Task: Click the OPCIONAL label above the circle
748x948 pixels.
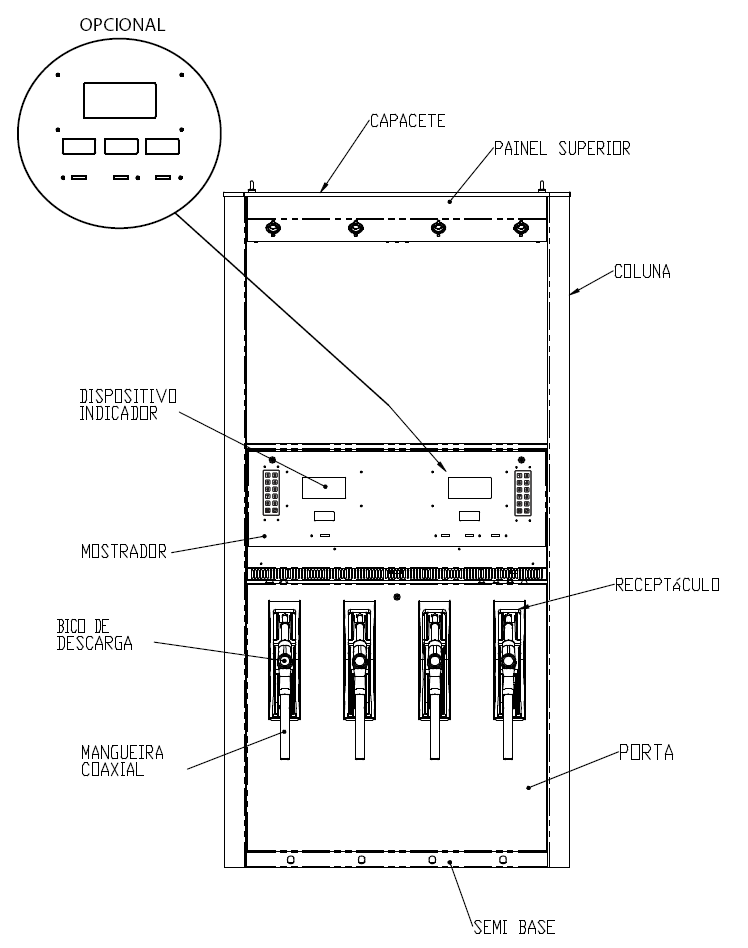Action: click(x=122, y=25)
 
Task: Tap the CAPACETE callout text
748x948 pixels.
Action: click(x=408, y=121)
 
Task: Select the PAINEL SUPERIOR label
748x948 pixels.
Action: click(x=562, y=148)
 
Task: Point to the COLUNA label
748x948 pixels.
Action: click(x=642, y=271)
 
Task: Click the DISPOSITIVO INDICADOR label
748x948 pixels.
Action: click(x=128, y=405)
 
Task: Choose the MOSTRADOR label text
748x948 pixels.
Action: click(x=124, y=551)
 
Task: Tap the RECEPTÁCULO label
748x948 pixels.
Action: click(x=667, y=585)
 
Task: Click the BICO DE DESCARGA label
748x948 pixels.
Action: click(x=95, y=635)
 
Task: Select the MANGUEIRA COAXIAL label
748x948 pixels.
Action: click(x=123, y=761)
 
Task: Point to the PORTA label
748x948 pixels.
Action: click(x=646, y=753)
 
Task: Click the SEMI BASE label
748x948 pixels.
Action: click(x=514, y=927)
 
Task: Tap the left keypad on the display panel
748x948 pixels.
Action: click(x=272, y=493)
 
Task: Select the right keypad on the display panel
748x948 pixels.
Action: click(x=523, y=493)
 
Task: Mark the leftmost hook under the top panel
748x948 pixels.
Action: click(x=273, y=228)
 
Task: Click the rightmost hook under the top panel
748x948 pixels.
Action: click(x=521, y=228)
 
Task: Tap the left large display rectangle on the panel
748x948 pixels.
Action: click(x=324, y=488)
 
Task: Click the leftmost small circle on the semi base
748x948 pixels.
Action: click(x=291, y=859)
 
